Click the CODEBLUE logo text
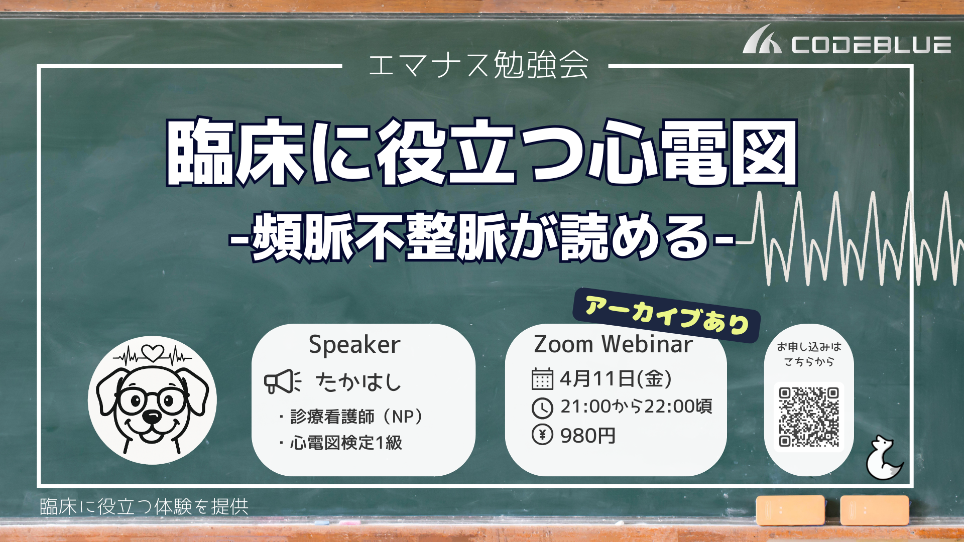871,45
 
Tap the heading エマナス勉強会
478,65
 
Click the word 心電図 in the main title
693,152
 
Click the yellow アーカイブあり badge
667,315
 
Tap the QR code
809,417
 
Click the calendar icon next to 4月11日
542,379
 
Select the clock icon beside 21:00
542,408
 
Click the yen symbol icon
542,435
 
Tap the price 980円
588,436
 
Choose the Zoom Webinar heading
613,344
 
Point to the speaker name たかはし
358,382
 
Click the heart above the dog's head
153,353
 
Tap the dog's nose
152,416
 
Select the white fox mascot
884,458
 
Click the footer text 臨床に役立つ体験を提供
144,507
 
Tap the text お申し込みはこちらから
809,354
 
